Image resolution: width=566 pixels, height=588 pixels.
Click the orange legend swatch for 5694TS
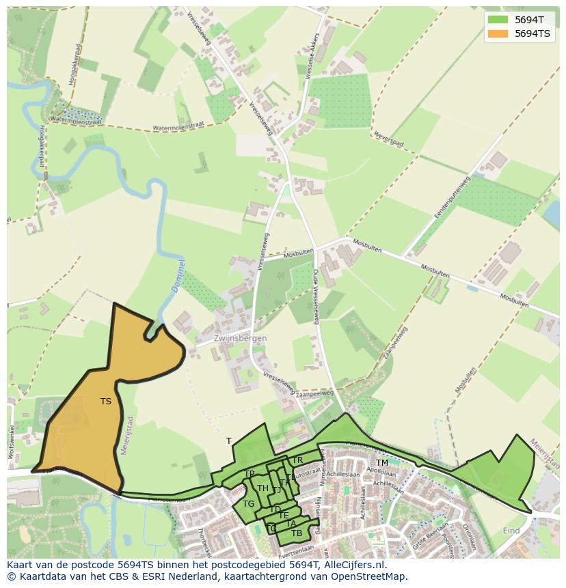[x=498, y=33]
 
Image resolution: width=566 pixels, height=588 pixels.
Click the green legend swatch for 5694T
[x=498, y=20]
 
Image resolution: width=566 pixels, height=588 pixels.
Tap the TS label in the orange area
[x=106, y=402]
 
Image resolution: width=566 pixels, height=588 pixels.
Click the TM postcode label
[x=381, y=463]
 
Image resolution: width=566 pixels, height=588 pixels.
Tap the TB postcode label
[x=297, y=533]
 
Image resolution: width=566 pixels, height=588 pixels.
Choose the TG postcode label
[x=248, y=504]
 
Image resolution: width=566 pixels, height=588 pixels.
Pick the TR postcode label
[x=297, y=461]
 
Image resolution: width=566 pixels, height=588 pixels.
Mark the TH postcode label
[x=262, y=488]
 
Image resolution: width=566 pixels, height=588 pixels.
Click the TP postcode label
[x=250, y=474]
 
